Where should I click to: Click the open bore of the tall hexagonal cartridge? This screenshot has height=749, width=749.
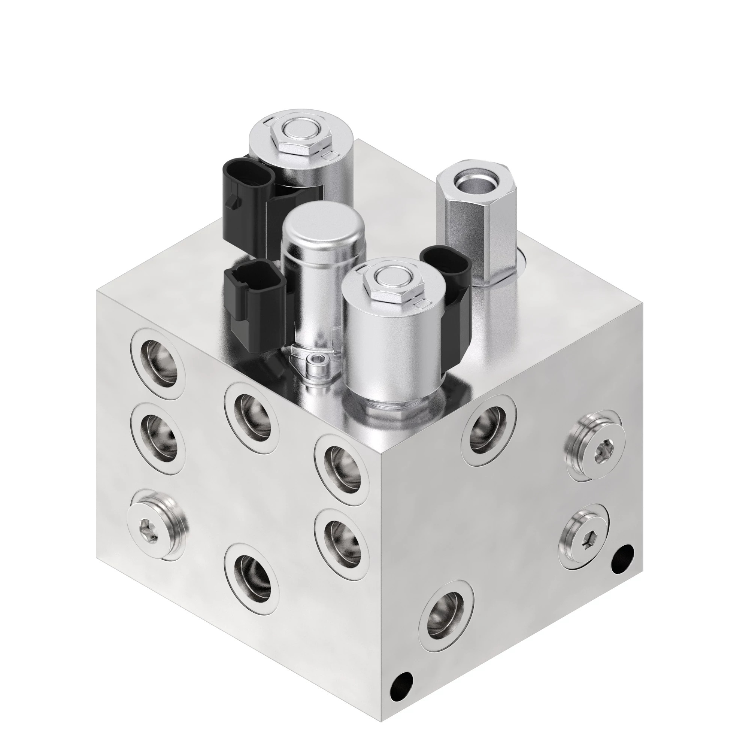point(471,181)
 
